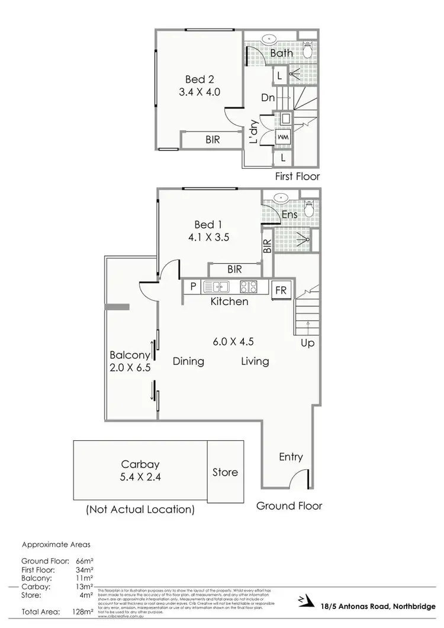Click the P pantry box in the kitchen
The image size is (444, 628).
tap(193, 287)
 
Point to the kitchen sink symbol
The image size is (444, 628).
tap(217, 287)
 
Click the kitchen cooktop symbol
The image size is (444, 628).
tap(248, 287)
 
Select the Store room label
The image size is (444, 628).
tap(225, 472)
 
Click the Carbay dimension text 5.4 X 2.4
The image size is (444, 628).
tap(139, 478)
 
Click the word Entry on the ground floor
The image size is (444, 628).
tap(291, 457)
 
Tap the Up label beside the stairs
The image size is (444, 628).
tap(307, 343)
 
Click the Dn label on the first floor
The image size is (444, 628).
tap(268, 97)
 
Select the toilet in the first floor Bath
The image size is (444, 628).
tap(307, 51)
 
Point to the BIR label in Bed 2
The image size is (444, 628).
tap(213, 140)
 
